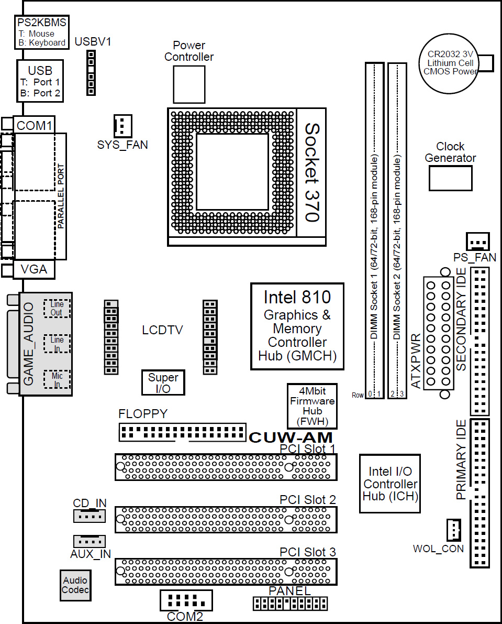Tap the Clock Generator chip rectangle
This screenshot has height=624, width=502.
pos(450,178)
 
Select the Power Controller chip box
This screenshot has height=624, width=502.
pos(189,84)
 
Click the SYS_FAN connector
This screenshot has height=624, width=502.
pos(122,126)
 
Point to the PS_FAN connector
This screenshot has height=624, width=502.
pos(477,241)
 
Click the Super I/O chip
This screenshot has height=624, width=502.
pos(163,383)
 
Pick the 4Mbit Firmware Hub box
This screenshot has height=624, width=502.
pos(312,407)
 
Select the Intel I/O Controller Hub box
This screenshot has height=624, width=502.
pos(390,484)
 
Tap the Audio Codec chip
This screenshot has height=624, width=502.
pos(75,585)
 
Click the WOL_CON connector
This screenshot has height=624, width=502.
pos(453,530)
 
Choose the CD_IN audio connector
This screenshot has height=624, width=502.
pos(89,517)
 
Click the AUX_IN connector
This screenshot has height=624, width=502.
pos(90,541)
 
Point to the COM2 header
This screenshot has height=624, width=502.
pos(185,600)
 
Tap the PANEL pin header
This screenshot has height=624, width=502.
pos(290,604)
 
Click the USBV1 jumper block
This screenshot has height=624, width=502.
pos(91,73)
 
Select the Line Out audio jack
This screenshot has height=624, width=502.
pos(57,309)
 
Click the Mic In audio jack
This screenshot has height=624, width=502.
pos(57,380)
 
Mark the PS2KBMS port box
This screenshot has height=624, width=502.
pos(42,32)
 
